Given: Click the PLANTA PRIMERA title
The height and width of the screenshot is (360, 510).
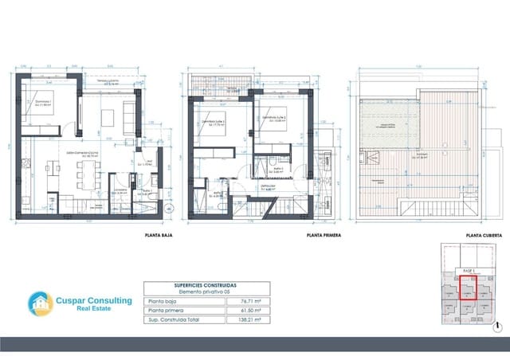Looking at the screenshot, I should [x=324, y=237].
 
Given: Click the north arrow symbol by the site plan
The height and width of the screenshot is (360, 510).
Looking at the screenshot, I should [x=497, y=326].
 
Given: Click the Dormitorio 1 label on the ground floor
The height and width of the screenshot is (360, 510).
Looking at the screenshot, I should [x=33, y=104].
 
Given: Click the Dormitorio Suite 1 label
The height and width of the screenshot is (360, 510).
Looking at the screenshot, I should [x=216, y=122].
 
